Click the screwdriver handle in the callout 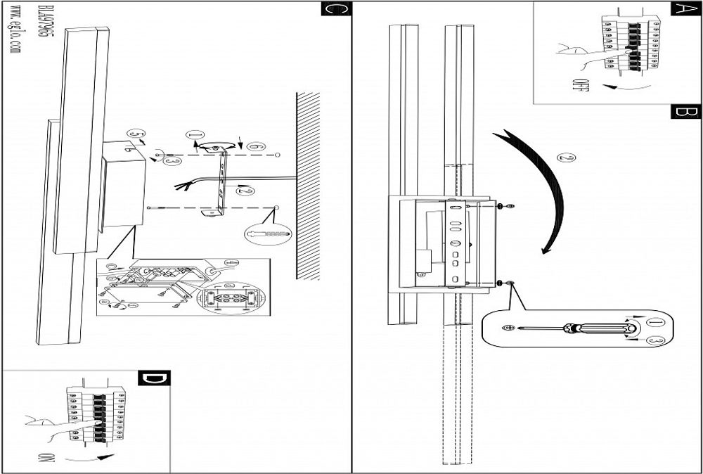[598, 328]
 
